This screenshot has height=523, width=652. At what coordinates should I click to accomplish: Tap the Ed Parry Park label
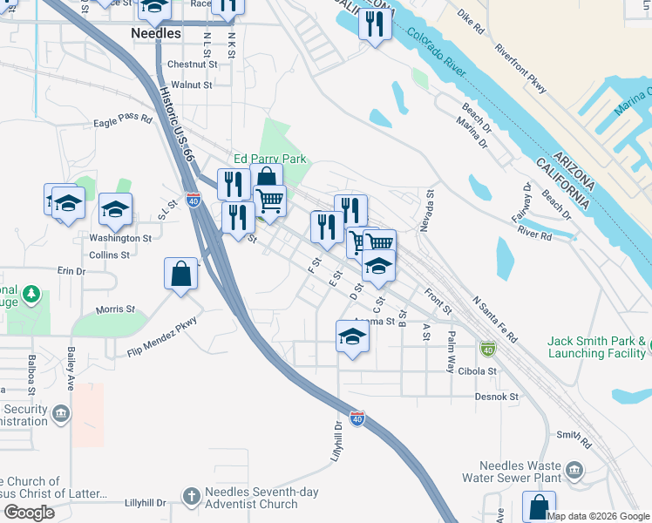pyautogui.click(x=269, y=160)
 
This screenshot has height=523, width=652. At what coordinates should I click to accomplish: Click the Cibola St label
pyautogui.click(x=477, y=370)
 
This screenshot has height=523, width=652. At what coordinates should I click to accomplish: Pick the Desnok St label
pyautogui.click(x=497, y=397)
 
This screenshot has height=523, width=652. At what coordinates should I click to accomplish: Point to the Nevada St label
pyautogui.click(x=426, y=212)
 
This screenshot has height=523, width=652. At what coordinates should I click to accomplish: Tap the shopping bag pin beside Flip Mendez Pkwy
pyautogui.click(x=180, y=273)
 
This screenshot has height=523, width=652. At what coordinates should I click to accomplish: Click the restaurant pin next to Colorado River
pyautogui.click(x=376, y=24)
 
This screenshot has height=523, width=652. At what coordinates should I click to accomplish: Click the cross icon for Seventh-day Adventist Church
pyautogui.click(x=193, y=497)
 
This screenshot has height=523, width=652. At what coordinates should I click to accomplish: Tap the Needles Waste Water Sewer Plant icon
pyautogui.click(x=574, y=471)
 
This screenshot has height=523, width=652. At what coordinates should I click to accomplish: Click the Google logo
pyautogui.click(x=28, y=513)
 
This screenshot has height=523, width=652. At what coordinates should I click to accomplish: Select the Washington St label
pyautogui.click(x=120, y=238)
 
